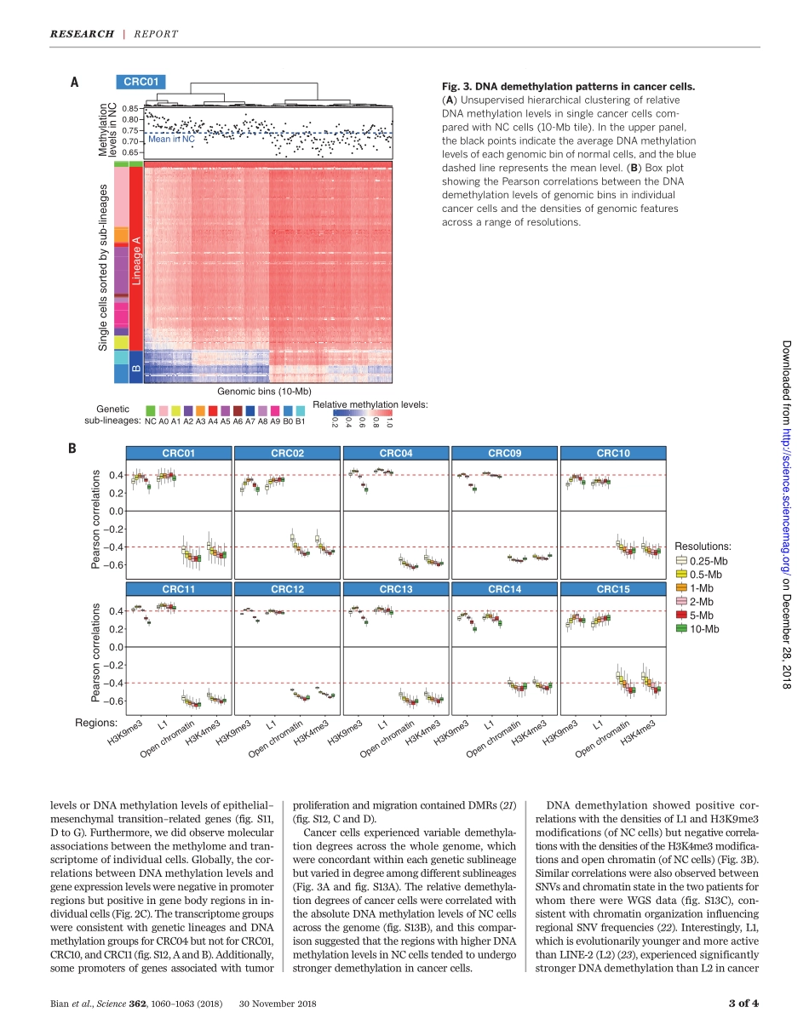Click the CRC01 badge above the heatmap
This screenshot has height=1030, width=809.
(141, 83)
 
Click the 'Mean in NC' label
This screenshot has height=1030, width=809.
(172, 139)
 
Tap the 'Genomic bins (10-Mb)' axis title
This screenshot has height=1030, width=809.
(264, 391)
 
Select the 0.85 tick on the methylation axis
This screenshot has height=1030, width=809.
(129, 109)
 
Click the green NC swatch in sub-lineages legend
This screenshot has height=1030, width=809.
(150, 410)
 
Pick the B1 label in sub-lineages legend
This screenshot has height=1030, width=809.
(300, 421)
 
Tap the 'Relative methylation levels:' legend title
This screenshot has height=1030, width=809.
(370, 403)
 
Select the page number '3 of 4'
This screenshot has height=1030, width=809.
(743, 1004)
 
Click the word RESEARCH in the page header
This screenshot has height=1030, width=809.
(82, 34)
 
